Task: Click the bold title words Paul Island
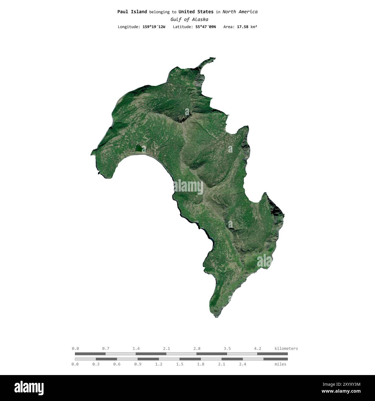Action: (132, 12)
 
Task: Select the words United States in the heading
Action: (196, 12)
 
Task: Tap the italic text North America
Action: (240, 12)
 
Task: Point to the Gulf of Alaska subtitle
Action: (189, 20)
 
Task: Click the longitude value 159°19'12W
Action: (154, 27)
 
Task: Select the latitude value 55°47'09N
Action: (205, 27)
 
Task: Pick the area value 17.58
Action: (242, 27)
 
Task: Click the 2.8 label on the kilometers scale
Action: (197, 348)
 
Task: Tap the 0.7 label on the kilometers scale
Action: (106, 348)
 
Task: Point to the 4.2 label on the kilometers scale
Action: (258, 348)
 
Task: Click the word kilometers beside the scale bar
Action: (286, 348)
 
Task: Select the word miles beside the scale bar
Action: (280, 364)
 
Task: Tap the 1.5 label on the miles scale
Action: (180, 364)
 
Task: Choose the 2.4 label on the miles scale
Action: (243, 364)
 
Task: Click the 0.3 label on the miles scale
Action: (96, 364)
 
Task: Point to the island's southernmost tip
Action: (217, 317)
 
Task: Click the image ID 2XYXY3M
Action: (346, 384)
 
